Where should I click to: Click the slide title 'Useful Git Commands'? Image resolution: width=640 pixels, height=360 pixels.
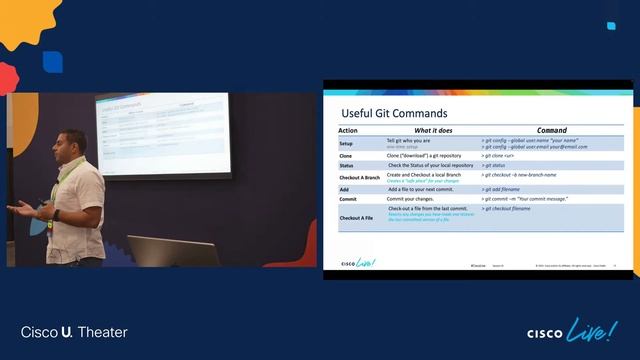394,113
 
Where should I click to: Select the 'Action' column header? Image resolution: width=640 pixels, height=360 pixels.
348,131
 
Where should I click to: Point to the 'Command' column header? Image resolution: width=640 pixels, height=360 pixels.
551,131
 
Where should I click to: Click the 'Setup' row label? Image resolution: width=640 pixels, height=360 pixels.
346,144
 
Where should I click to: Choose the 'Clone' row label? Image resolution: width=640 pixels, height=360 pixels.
346,156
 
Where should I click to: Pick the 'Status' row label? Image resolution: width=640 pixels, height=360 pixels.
347,166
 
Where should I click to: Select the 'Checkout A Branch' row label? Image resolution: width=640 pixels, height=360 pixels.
359,177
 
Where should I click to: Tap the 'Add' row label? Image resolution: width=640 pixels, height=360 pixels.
344,188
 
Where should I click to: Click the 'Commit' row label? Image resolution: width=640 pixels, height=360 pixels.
348,199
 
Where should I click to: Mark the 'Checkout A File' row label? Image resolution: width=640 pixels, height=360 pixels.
357,216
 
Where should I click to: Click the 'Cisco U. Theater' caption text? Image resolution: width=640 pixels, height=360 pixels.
74,332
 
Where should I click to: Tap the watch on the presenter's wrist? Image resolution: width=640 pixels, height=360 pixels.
55,214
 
